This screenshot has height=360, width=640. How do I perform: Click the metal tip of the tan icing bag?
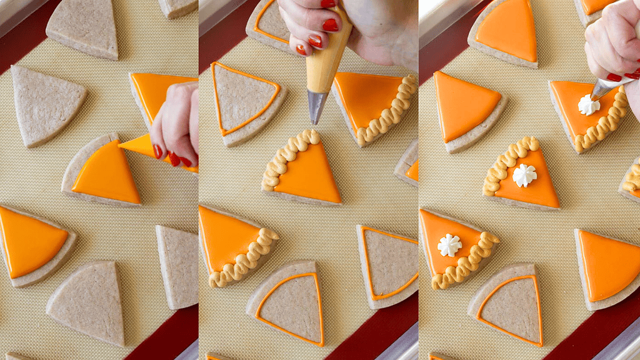[316, 106]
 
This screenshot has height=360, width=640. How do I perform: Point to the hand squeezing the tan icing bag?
[312, 25]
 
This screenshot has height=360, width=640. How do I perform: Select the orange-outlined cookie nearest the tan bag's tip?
[247, 103]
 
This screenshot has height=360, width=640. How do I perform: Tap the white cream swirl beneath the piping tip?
[588, 105]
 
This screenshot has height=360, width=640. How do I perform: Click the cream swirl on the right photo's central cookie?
[524, 176]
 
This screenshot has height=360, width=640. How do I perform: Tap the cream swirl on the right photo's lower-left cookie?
[449, 245]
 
